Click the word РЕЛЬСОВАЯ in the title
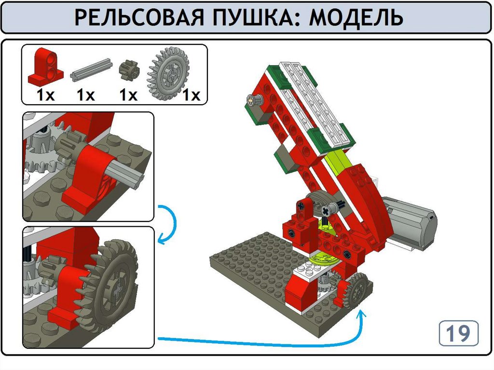pos(138,17)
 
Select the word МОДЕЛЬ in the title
pos(356,17)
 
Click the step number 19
pos(458,333)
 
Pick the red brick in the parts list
pos(45,67)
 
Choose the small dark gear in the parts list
pos(128,69)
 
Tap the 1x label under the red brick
pos(46,95)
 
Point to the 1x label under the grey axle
pos(86,95)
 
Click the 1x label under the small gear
pos(128,95)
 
